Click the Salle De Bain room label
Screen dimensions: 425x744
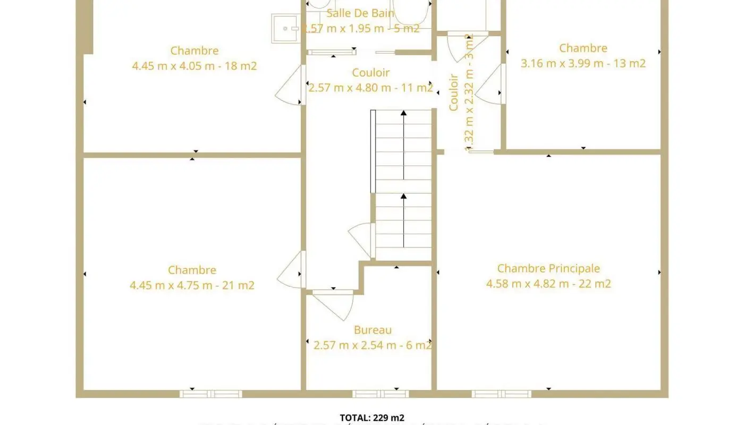coord(360,13)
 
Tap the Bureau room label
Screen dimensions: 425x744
coord(373,330)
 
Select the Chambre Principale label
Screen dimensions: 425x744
coord(548,268)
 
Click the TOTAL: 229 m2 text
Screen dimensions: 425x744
coord(372,418)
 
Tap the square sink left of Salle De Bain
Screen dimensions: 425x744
coord(286,28)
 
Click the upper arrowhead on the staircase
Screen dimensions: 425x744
coord(403,113)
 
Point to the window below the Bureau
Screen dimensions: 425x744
coord(381,394)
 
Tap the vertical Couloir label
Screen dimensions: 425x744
coord(453,92)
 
